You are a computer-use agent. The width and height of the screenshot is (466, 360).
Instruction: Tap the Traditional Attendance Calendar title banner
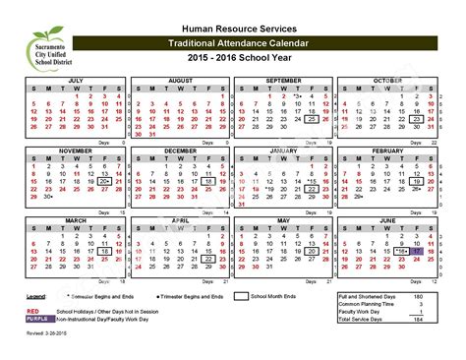(233, 46)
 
